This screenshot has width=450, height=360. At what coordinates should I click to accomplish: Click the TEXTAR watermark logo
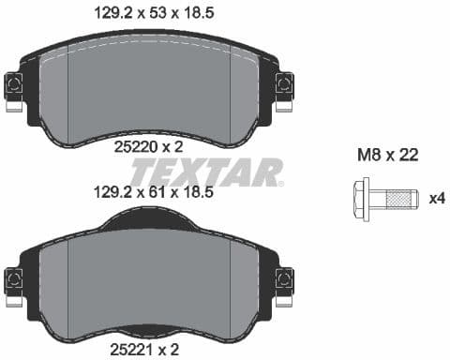[205, 172]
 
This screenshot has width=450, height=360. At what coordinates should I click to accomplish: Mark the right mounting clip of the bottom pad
[283, 280]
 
